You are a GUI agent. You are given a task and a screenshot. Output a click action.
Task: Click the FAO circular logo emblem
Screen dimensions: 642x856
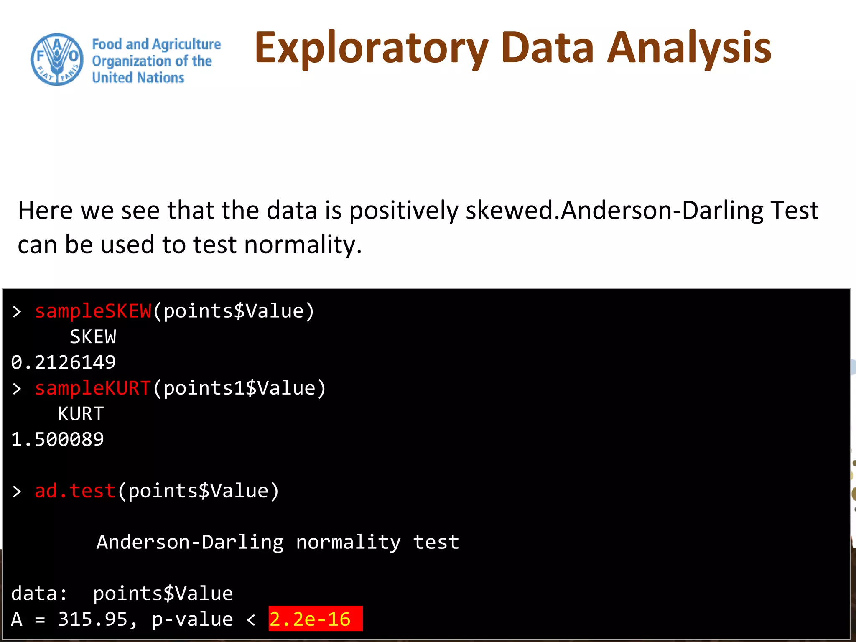click(57, 60)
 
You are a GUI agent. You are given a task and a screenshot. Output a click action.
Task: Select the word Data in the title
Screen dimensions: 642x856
click(548, 48)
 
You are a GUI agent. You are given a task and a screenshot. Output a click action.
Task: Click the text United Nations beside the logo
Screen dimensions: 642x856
click(138, 78)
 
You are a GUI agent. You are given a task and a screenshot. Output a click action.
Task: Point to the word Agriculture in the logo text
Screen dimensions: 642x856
click(186, 44)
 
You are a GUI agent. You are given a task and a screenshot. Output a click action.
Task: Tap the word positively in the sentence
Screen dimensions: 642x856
click(404, 210)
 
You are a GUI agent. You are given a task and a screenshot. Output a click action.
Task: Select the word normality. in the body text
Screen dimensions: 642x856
click(303, 245)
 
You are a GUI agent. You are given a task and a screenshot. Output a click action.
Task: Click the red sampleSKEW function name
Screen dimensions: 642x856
click(93, 311)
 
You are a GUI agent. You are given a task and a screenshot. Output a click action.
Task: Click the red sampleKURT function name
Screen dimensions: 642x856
click(93, 388)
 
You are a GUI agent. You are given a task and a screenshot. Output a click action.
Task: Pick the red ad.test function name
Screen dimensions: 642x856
click(75, 491)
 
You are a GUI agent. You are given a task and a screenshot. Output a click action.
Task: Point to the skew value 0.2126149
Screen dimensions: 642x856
click(64, 362)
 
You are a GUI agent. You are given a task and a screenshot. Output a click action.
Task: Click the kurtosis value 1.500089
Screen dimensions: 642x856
click(58, 439)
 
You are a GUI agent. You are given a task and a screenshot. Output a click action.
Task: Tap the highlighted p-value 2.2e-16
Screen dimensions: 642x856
click(310, 619)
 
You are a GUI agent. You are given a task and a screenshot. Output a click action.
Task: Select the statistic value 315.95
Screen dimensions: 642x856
click(93, 619)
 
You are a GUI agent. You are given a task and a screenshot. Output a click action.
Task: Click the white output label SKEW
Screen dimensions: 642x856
click(93, 337)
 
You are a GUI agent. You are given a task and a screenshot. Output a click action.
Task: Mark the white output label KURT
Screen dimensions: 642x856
click(81, 414)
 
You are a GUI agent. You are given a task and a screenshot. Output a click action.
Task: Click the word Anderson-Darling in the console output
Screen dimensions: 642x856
click(190, 542)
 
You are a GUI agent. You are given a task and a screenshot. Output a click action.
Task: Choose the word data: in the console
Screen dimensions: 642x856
click(39, 594)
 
